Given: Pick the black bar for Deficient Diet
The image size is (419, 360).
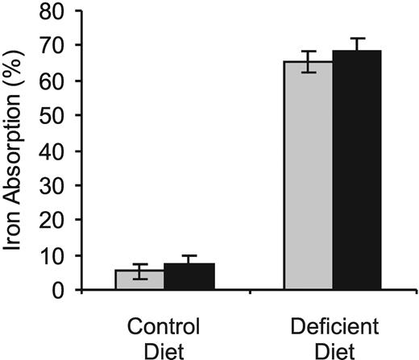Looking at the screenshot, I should pos(356,171).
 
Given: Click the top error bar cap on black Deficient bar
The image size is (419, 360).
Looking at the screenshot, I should pos(356,38).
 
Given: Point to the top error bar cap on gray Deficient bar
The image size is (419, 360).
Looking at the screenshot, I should pos(308,51).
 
